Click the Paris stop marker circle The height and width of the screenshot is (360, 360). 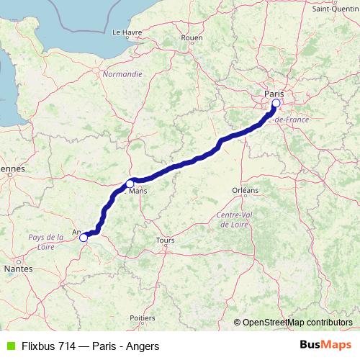pos(276,103)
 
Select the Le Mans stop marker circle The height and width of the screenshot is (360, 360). pos(130,183)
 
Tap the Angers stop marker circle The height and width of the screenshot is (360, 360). pos(84,237)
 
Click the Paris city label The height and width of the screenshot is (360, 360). pos(274,94)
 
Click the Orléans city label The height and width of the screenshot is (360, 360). pos(245,190)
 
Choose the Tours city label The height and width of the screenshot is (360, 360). pos(165,240)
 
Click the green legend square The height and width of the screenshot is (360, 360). pos(9,346)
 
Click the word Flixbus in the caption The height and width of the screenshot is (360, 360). pos(40,346)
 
